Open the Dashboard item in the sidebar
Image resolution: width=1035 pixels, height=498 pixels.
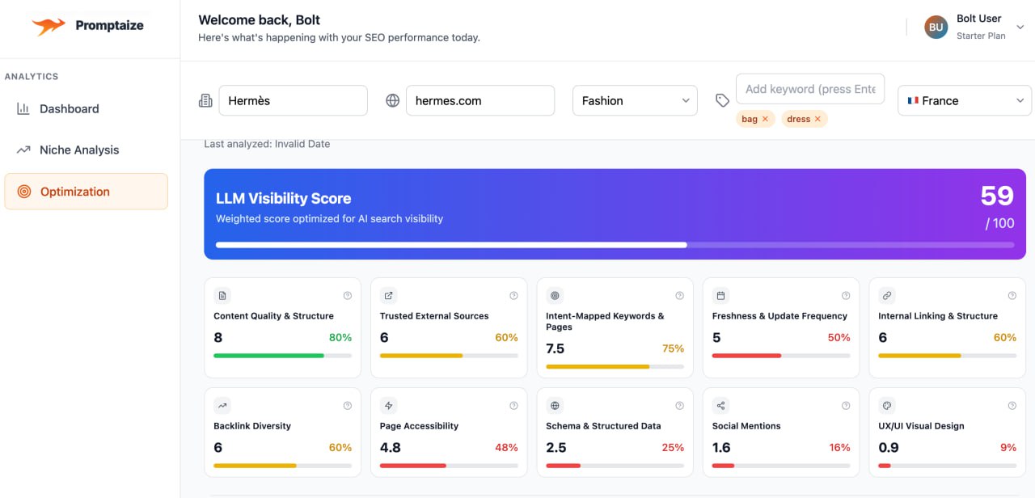click(x=69, y=109)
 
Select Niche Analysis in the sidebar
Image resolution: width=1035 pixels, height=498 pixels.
click(x=78, y=150)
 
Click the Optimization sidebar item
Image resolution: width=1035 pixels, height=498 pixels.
click(x=74, y=192)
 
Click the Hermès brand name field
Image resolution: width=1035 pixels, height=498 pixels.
click(x=293, y=101)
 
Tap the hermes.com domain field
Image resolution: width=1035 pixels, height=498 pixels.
click(x=479, y=101)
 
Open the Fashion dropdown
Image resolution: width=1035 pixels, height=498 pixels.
click(x=635, y=101)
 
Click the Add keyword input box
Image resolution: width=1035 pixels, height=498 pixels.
click(x=810, y=89)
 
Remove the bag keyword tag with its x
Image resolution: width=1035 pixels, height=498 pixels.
click(x=765, y=120)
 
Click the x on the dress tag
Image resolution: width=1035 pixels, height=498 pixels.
click(x=817, y=120)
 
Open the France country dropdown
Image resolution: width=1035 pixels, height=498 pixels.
click(x=965, y=101)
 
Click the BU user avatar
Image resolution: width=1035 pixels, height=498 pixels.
click(x=936, y=27)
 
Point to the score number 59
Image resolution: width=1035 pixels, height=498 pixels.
click(x=996, y=196)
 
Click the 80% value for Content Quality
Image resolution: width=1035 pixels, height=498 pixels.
click(x=340, y=338)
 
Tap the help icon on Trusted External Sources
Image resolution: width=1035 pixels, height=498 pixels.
click(x=513, y=296)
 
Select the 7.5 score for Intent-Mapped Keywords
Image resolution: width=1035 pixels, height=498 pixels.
click(x=556, y=349)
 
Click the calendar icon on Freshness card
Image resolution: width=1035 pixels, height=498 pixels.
click(x=721, y=296)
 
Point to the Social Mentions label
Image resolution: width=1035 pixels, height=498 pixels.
click(x=746, y=426)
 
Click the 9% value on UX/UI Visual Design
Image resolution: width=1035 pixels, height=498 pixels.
click(x=1008, y=448)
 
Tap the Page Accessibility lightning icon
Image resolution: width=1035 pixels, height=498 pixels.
click(x=389, y=406)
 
